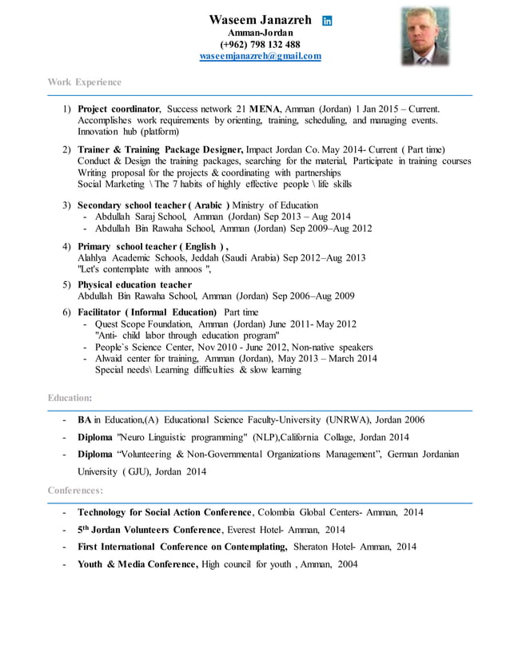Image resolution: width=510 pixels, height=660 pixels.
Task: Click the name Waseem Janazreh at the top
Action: click(260, 19)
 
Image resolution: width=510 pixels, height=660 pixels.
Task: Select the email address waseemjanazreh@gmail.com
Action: click(260, 56)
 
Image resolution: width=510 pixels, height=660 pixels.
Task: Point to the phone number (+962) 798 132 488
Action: click(260, 44)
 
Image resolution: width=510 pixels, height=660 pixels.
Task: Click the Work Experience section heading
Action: click(85, 82)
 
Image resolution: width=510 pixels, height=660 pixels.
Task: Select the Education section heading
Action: click(70, 397)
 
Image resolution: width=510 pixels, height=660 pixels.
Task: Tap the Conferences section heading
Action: click(75, 490)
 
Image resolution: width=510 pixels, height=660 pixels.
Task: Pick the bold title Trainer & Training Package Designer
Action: click(160, 149)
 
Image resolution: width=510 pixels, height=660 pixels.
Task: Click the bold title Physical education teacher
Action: click(134, 284)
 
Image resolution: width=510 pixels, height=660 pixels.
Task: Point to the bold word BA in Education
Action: click(84, 419)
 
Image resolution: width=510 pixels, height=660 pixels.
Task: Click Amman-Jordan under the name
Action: click(260, 32)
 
